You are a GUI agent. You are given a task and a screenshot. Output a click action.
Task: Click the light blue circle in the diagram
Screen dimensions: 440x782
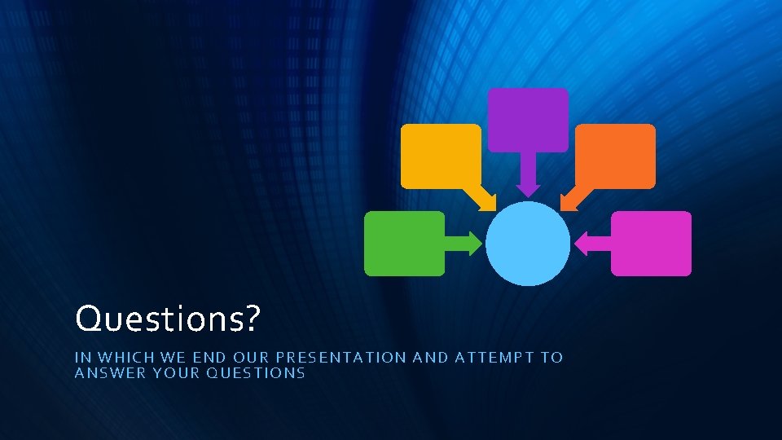[x=528, y=244]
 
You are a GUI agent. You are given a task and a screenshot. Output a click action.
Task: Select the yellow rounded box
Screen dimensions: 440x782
[x=441, y=155]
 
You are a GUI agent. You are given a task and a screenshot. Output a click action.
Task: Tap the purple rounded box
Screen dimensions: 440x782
[x=528, y=120]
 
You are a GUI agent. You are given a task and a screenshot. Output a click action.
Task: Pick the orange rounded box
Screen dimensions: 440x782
[x=615, y=156]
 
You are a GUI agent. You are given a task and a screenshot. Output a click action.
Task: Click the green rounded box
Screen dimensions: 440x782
[x=404, y=243]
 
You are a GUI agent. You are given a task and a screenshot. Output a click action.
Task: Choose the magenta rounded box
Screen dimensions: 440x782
[x=651, y=243]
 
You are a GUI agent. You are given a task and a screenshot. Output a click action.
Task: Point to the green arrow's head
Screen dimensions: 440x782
[x=475, y=243]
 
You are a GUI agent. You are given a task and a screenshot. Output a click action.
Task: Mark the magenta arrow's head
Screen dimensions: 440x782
[x=582, y=243]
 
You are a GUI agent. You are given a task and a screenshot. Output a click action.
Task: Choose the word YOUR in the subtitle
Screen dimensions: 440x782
[x=172, y=373]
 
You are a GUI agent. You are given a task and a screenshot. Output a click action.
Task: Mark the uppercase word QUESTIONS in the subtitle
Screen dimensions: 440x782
[x=256, y=373]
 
